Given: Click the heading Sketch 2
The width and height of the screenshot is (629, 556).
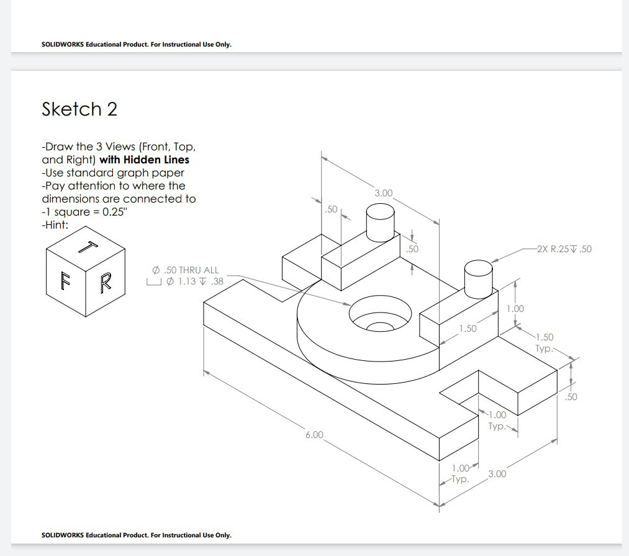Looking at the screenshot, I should [79, 109].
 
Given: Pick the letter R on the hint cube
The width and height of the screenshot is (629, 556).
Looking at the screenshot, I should [105, 283].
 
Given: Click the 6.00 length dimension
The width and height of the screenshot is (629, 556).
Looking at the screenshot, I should [314, 434].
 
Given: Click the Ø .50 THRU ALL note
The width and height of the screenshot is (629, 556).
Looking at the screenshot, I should [186, 270].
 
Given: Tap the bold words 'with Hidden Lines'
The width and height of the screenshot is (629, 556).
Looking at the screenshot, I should [144, 160].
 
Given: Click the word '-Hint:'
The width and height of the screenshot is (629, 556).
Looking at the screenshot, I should [55, 225].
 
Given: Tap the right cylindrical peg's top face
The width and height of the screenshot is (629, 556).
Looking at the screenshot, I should [479, 268].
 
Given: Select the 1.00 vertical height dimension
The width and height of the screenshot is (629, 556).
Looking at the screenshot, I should [515, 309].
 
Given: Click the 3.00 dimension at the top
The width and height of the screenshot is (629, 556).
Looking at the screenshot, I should [384, 193].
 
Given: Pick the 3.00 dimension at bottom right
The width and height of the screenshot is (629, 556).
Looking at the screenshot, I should [497, 474].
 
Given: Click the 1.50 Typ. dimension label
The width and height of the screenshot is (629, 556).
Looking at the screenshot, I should [544, 342].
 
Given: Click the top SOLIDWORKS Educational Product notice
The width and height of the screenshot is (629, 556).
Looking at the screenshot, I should [136, 44].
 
